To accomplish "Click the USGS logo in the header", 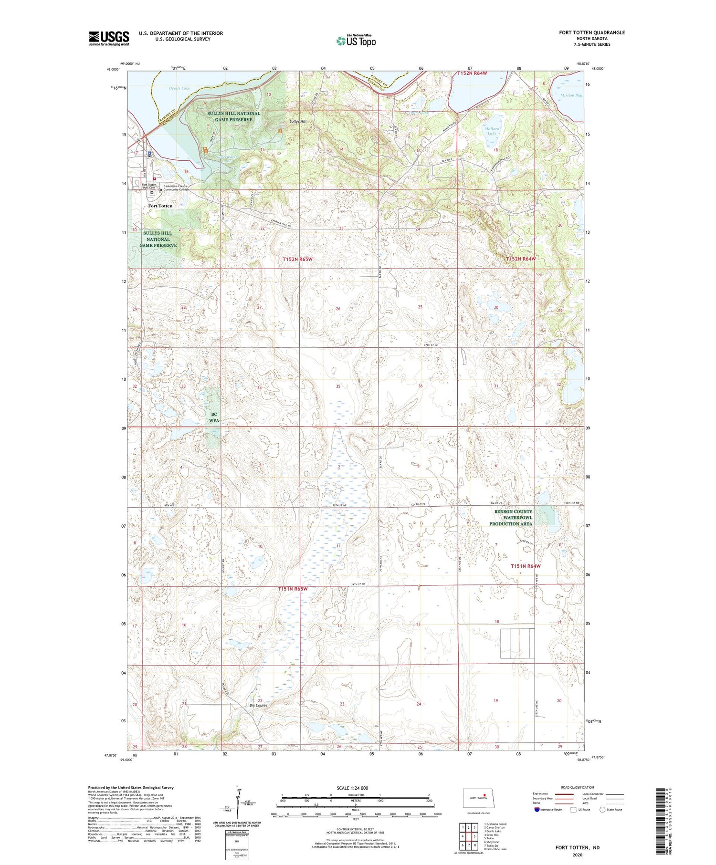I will [x=109, y=38].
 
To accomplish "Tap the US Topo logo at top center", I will [x=356, y=41].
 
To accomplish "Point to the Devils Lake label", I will [x=179, y=88].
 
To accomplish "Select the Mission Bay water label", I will [x=571, y=95].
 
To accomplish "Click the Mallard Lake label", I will [x=492, y=131].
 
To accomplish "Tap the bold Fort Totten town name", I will [x=160, y=206].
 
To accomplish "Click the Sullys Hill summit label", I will [x=297, y=122].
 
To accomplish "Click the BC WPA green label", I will [x=214, y=417].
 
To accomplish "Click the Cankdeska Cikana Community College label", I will [x=176, y=188].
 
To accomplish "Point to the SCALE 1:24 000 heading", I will [x=352, y=788].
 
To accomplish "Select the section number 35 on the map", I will [x=338, y=386].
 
